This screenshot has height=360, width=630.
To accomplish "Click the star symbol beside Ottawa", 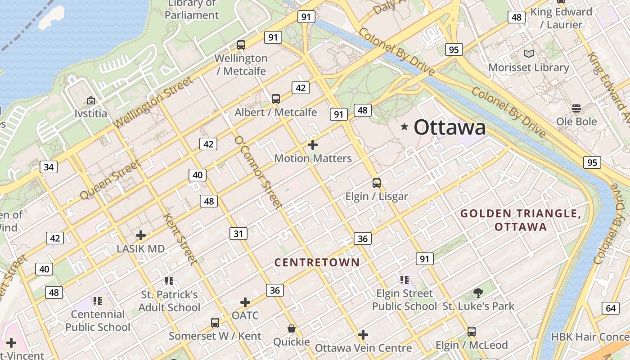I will click(405, 127).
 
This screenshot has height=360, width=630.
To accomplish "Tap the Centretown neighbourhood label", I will click(317, 262).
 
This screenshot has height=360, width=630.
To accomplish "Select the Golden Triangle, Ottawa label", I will click(521, 220).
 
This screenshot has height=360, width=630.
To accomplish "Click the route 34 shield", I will click(49, 167).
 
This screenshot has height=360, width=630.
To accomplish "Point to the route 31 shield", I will click(238, 234).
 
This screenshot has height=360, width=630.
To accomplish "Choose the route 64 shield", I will click(611, 308).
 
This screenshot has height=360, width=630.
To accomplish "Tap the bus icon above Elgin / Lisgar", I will click(377, 183).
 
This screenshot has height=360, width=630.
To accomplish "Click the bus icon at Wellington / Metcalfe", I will click(241, 45).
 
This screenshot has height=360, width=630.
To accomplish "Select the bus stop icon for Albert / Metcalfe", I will click(276, 99).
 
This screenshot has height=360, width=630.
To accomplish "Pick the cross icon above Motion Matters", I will click(313, 145).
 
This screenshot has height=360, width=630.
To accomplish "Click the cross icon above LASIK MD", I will click(141, 235).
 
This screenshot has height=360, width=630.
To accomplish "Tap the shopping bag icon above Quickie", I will click(292, 329).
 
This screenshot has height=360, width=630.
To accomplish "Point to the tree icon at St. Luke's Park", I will click(478, 293).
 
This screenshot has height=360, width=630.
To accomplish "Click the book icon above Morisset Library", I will click(529, 54).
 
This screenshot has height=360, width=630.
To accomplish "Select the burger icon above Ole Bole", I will click(576, 108).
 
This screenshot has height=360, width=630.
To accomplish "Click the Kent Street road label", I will click(180, 239).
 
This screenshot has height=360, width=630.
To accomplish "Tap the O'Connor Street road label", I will click(258, 173).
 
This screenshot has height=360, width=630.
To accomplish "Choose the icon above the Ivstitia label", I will click(91, 100).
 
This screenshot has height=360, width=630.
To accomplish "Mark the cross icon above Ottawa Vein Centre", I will click(363, 335).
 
